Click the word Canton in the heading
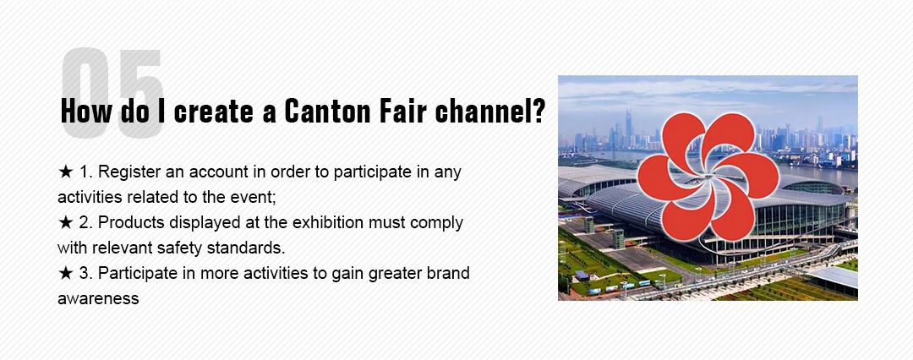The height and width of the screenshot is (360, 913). click(326, 112)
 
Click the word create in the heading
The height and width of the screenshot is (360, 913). click(221, 112)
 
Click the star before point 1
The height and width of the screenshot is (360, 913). click(66, 172)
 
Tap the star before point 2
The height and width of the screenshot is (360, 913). click(66, 223)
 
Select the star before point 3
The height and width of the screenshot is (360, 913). click(66, 274)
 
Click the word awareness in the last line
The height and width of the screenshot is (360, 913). click(97, 298)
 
